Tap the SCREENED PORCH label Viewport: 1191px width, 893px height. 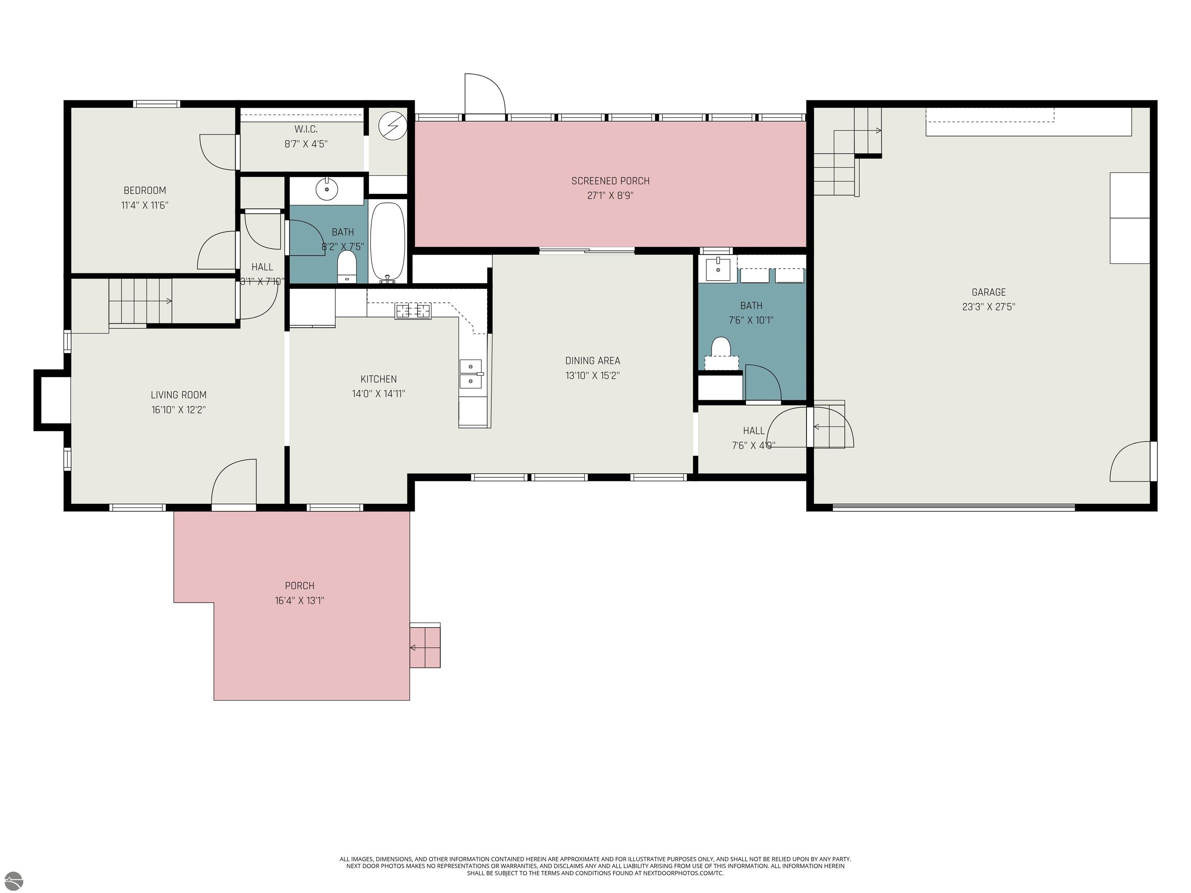tap(610, 181)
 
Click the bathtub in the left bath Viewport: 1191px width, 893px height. tap(387, 242)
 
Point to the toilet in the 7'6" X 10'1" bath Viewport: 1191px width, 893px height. tap(720, 349)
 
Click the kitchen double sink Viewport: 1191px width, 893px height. tap(471, 374)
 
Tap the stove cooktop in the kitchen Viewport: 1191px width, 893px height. tap(413, 311)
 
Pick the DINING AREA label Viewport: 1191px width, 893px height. tap(592, 360)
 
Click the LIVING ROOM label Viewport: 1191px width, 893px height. tap(178, 395)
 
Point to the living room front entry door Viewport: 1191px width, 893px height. tap(234, 483)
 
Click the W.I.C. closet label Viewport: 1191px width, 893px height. tap(306, 129)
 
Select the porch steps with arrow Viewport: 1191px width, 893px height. tap(425, 646)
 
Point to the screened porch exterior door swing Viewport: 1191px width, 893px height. tap(484, 94)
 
